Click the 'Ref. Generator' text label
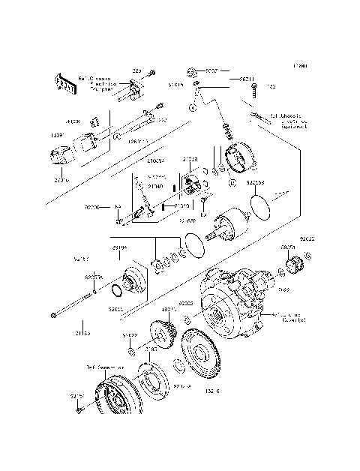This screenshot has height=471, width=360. pos(104,367)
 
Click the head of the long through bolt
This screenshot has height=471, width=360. pos(52,315)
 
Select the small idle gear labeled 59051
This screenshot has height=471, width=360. pos(292,263)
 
